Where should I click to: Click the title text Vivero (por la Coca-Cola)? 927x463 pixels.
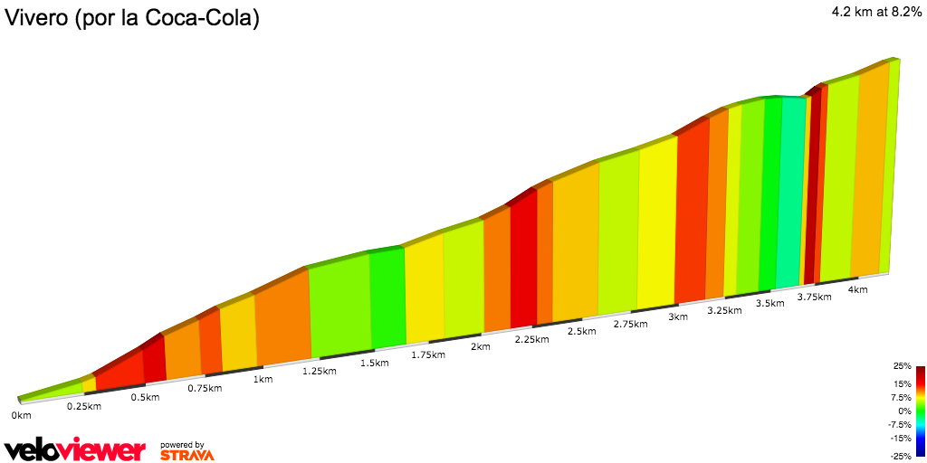132,18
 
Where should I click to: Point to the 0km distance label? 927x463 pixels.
21,415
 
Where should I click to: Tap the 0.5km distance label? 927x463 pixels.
145,398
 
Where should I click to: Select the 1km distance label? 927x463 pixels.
263,379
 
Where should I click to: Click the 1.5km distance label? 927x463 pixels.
374,363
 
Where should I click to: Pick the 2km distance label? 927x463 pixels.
480,346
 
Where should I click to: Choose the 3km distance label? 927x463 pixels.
677,317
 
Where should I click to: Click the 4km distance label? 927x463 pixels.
857,289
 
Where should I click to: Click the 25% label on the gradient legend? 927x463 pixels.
902,366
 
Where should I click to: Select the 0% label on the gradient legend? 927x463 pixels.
904,411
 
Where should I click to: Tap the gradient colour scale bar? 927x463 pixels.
920,411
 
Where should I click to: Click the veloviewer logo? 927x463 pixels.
74,449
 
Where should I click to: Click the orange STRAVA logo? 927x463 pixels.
186,454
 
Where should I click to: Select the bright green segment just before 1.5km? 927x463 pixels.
387,298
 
